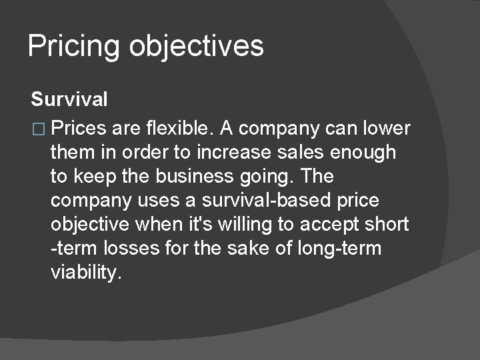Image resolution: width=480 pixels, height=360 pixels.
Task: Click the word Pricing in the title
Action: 74,47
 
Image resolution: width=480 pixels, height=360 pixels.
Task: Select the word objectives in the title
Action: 197,47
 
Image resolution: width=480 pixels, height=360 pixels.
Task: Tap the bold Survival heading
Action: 69,101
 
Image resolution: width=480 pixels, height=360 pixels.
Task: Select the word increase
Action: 233,152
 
